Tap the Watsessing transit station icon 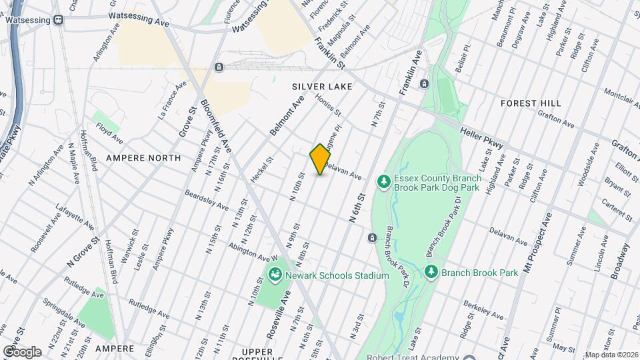click(59, 20)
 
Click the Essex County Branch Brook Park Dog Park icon click(383, 181)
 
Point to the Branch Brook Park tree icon click(431, 272)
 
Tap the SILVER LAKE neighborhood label click(322, 87)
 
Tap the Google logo click(21, 351)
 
